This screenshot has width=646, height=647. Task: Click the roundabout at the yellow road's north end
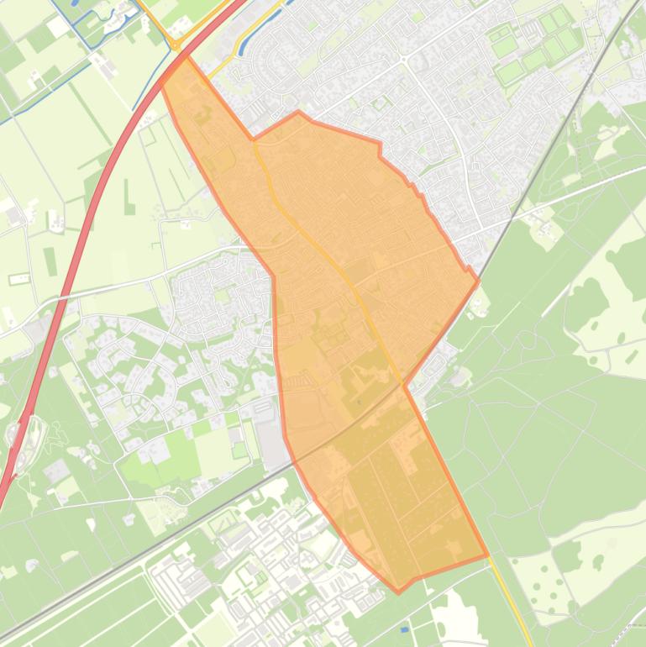click(176, 43)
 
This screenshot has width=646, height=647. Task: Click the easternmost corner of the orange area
click(478, 281)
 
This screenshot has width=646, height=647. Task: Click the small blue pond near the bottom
click(405, 629)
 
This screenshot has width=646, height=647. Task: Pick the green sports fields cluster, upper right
click(538, 46)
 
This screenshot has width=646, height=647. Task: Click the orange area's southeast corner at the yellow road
click(487, 555)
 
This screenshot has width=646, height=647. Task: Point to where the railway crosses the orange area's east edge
click(404, 386)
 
